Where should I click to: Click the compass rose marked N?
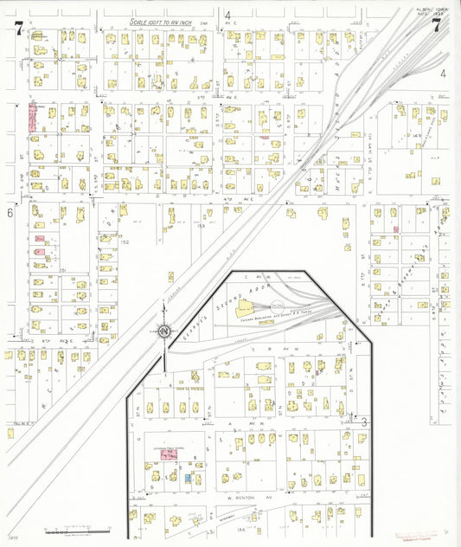[x=164, y=331]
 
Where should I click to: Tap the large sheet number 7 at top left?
[x=18, y=28]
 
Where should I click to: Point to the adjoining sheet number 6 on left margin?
[x=10, y=212]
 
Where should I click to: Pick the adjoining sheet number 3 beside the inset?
[x=364, y=422]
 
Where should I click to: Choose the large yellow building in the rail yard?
[x=249, y=306]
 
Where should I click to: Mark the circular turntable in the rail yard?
[x=278, y=306]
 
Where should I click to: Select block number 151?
[x=64, y=270]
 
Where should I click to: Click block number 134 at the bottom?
[x=254, y=517]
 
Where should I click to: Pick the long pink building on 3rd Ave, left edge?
[x=33, y=118]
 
